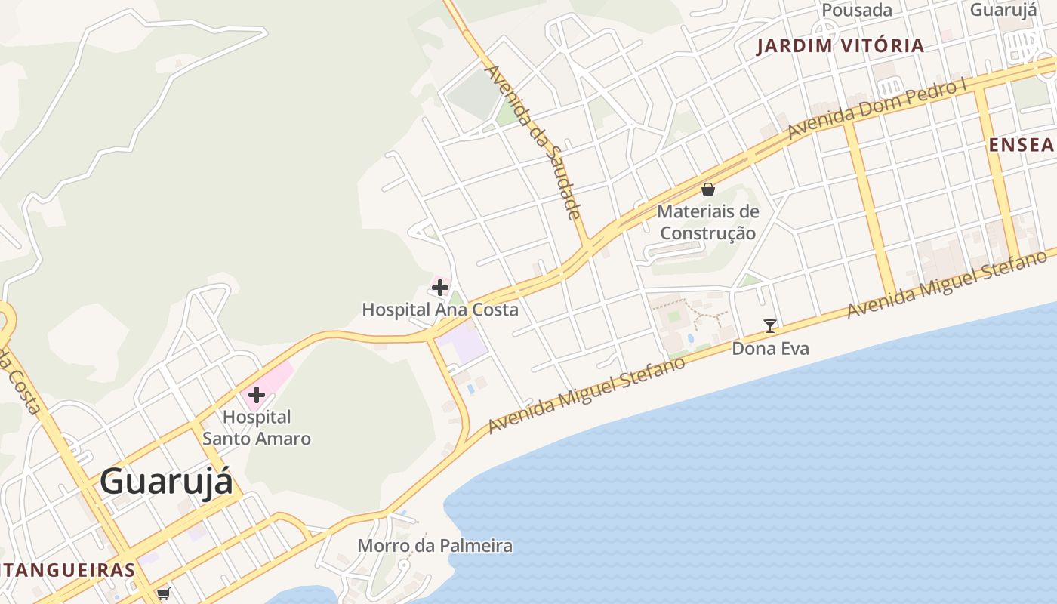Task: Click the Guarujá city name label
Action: click(x=166, y=482)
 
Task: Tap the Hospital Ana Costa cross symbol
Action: click(x=440, y=288)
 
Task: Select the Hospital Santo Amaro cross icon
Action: click(x=256, y=394)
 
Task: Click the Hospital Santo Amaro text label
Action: click(x=257, y=427)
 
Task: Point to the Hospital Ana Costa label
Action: click(x=440, y=310)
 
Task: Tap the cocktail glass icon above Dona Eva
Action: click(x=770, y=326)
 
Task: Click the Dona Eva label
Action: click(x=770, y=348)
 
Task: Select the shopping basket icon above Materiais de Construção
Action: click(x=708, y=190)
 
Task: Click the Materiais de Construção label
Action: click(x=707, y=222)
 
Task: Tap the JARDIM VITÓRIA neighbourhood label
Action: click(x=840, y=45)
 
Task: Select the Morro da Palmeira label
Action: click(x=435, y=545)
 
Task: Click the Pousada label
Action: click(x=857, y=10)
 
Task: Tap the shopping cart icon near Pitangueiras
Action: click(x=164, y=593)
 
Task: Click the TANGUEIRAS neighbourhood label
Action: click(x=68, y=569)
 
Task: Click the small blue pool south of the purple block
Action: click(x=471, y=389)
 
